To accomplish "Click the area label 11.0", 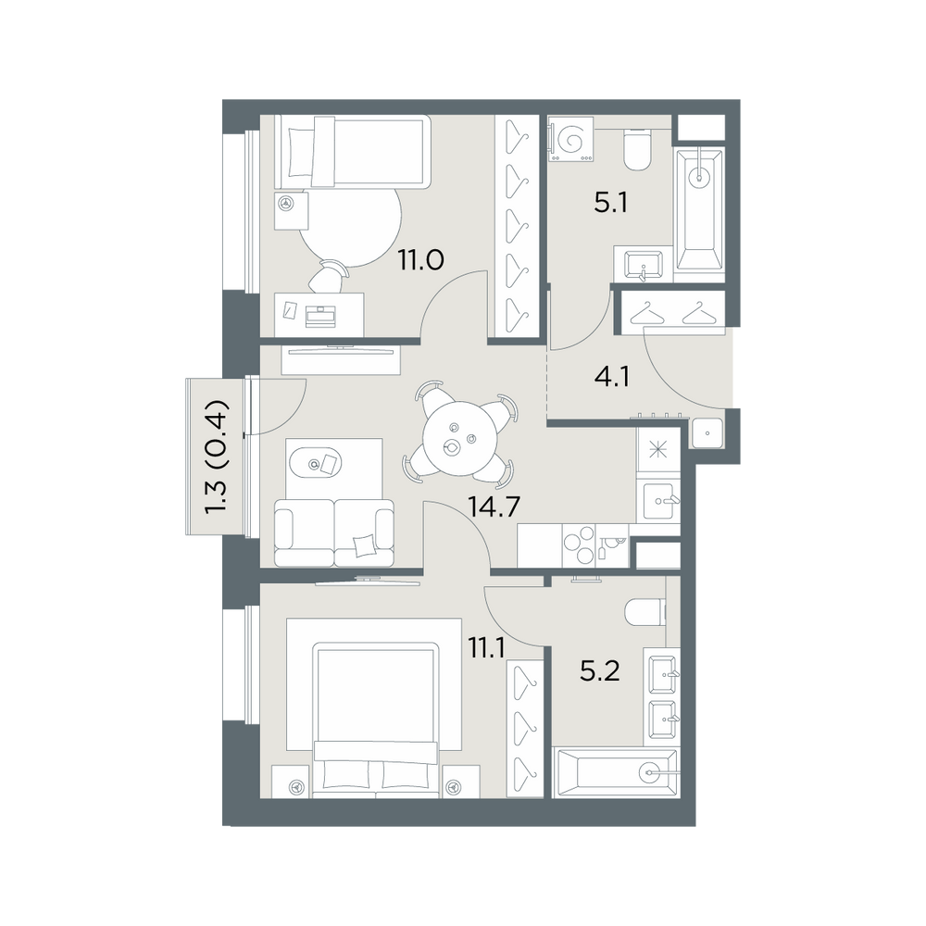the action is click(420, 260).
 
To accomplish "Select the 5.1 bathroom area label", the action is click(610, 204).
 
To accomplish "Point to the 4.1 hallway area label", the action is click(612, 377).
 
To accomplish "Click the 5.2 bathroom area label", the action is click(600, 671).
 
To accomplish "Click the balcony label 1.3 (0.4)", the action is click(216, 457).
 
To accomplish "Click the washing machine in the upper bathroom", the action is click(569, 140).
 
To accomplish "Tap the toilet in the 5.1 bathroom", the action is click(637, 151).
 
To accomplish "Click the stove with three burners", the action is click(579, 545).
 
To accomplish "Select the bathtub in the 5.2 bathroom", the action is click(614, 772).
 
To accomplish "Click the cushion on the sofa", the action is click(364, 544).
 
